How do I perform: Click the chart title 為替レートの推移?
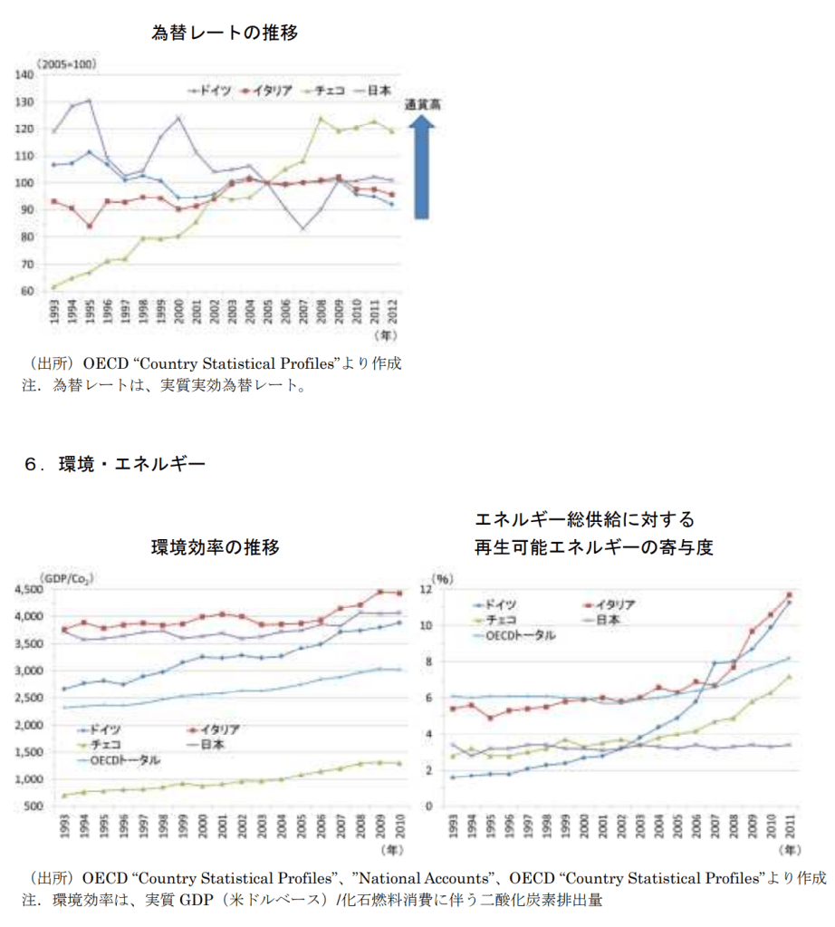[x=225, y=34]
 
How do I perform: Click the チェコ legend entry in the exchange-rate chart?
[x=331, y=90]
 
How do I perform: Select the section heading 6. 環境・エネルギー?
[x=115, y=465]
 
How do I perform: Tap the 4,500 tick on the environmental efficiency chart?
[x=30, y=590]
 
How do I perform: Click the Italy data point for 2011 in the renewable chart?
[x=789, y=595]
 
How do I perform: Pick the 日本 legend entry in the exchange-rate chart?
[x=379, y=90]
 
